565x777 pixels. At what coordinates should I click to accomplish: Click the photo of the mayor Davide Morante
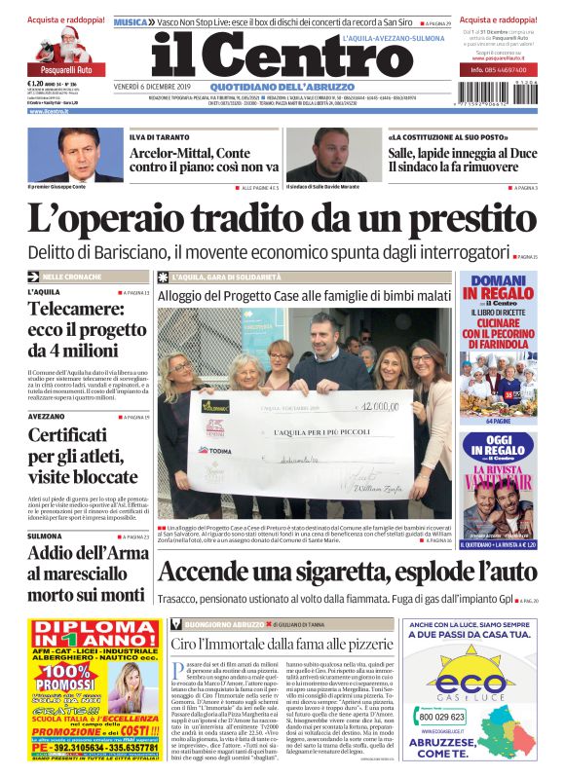(332, 154)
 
